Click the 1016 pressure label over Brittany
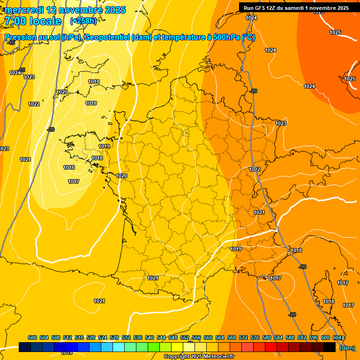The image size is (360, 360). click(x=69, y=167)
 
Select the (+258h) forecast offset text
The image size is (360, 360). click(x=83, y=21)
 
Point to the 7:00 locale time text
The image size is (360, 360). click(x=32, y=21)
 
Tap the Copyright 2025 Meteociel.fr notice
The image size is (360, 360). click(x=199, y=357)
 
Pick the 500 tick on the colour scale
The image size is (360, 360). click(x=32, y=337)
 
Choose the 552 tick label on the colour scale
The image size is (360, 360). click(x=185, y=337)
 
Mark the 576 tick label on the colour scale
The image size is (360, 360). click(x=255, y=337)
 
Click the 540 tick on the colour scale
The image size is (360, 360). click(x=150, y=337)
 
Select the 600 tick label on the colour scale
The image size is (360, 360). click(x=325, y=337)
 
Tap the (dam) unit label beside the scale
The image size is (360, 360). click(x=347, y=348)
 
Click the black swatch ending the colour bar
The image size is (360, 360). click(x=330, y=347)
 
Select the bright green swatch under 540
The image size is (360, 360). click(x=154, y=347)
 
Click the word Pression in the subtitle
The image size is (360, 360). click(x=20, y=37)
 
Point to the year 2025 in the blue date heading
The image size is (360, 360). click(x=114, y=10)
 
